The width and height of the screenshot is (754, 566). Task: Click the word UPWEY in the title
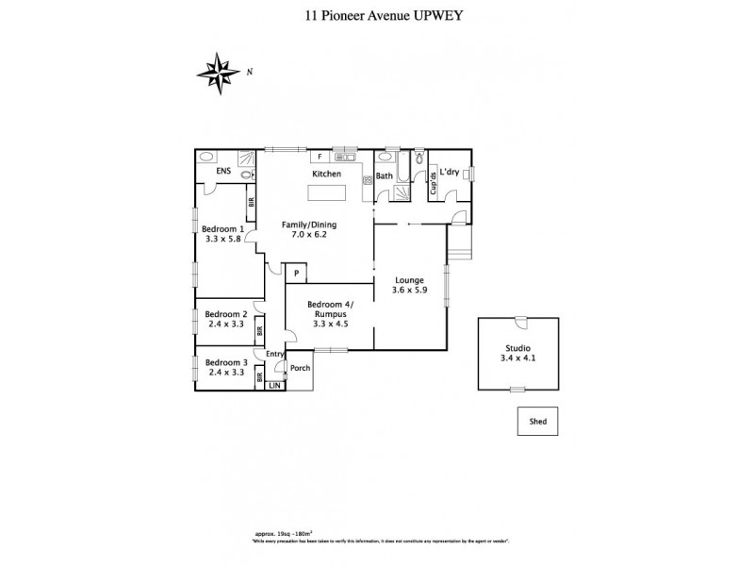435,15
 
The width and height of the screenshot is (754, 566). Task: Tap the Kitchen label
327,175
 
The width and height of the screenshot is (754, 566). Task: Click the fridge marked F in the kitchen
320,157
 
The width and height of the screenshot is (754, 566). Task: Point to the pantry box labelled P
296,274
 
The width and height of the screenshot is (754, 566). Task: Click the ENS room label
223,172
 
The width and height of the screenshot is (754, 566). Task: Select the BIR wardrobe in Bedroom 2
258,331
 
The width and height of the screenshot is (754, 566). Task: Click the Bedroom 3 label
225,363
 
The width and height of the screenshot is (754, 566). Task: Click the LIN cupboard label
274,386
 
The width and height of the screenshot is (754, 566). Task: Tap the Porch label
301,368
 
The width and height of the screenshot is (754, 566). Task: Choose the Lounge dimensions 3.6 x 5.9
410,291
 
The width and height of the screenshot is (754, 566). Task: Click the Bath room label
385,175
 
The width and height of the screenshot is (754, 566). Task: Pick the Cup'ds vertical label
433,182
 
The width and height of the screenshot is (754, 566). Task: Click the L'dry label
450,172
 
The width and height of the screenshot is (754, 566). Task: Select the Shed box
538,422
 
